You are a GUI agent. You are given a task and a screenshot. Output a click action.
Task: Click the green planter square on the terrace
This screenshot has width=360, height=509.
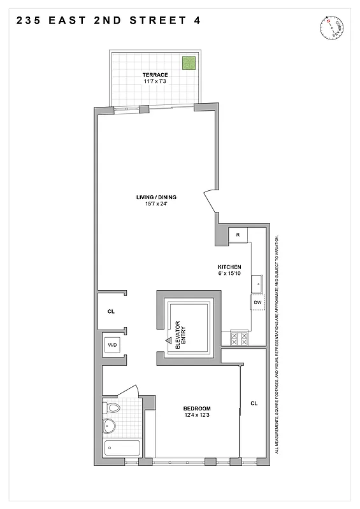pyautogui.click(x=189, y=63)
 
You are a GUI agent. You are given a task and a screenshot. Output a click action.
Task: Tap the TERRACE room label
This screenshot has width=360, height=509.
pyautogui.click(x=155, y=75)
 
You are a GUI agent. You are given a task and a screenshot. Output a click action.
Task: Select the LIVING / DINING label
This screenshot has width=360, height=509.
pyautogui.click(x=156, y=197)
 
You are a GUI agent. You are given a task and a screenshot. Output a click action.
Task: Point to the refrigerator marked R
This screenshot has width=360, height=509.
pyautogui.click(x=238, y=235)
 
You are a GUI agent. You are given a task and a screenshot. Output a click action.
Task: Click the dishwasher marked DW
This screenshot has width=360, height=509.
pyautogui.click(x=257, y=302)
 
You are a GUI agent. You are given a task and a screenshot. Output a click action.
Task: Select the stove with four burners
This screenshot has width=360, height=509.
pyautogui.click(x=238, y=337)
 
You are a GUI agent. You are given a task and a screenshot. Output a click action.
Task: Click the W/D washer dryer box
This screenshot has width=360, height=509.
pyautogui.click(x=112, y=345)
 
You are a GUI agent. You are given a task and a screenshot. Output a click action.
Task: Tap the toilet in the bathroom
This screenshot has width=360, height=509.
pyautogui.click(x=113, y=408)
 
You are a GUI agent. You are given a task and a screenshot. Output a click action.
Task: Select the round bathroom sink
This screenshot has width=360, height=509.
pyautogui.click(x=110, y=425)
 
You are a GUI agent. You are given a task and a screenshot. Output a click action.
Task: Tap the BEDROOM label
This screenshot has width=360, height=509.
pyautogui.click(x=197, y=408)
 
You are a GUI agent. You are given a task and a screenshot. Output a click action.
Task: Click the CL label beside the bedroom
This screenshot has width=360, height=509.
pyautogui.click(x=254, y=403)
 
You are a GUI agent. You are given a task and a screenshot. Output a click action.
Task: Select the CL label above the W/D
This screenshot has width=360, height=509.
pyautogui.click(x=111, y=312)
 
